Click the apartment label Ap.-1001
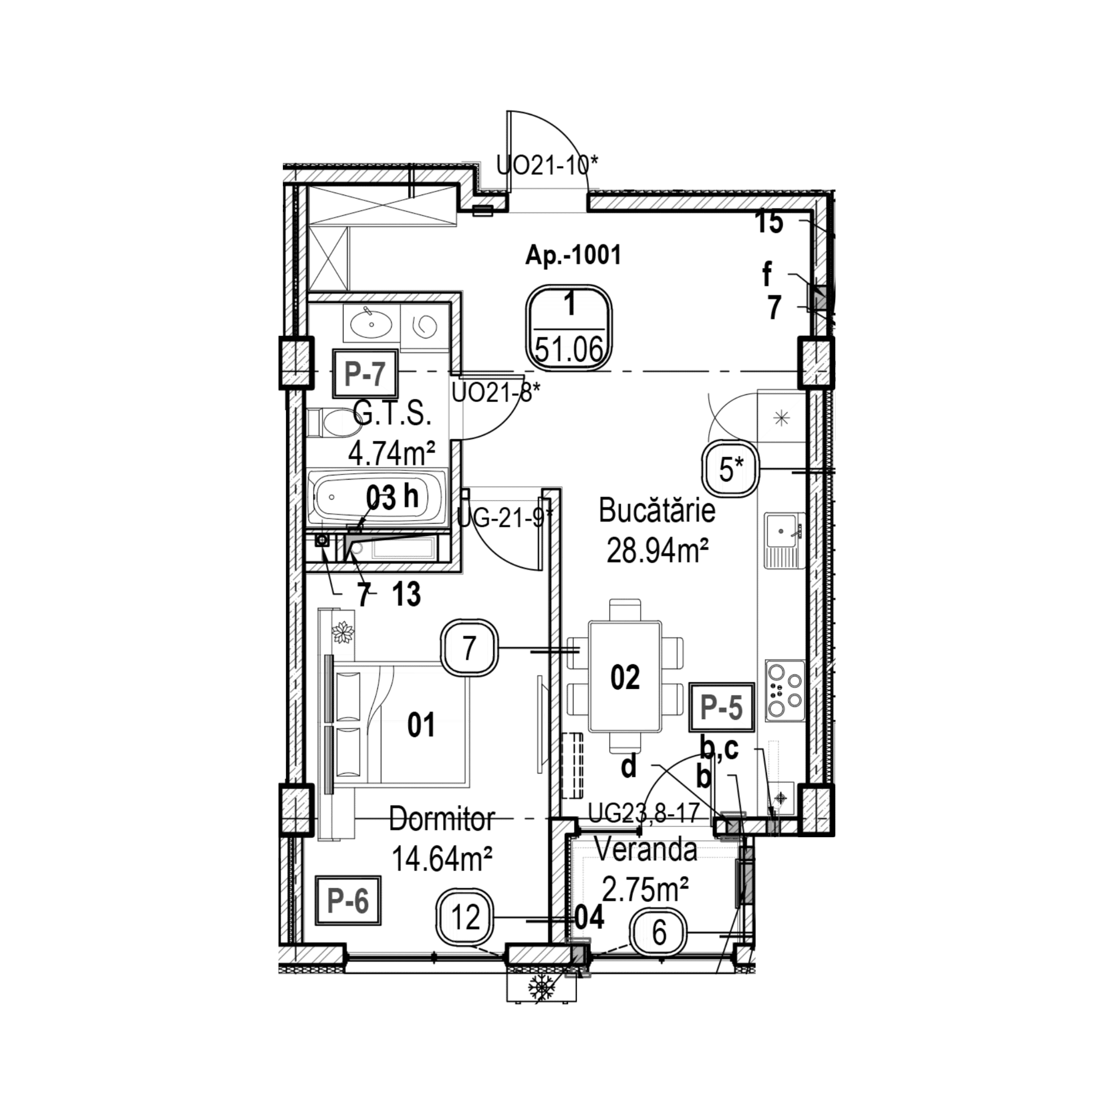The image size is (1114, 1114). pos(573,255)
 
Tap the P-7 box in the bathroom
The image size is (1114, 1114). pos(365,373)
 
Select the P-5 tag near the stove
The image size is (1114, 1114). pos(721,708)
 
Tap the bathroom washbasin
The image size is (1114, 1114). pos(371,325)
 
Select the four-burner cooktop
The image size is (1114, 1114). pos(785,690)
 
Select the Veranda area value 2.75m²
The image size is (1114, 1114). pos(645,889)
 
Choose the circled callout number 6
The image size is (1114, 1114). pos(659,932)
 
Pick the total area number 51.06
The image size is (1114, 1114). pos(569,349)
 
